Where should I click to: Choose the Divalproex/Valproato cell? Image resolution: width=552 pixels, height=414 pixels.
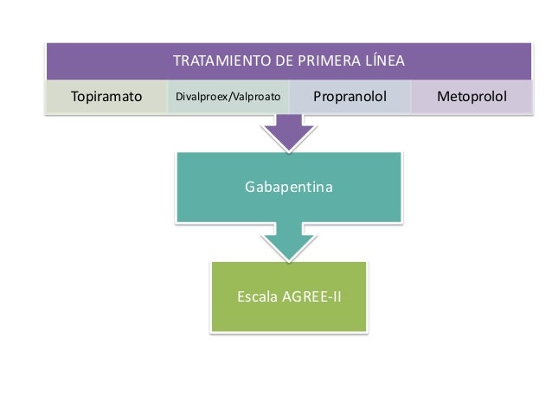(x=228, y=97)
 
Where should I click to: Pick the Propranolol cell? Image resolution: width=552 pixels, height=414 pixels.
(x=349, y=97)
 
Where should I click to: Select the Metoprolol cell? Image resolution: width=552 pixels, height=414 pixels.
(x=472, y=97)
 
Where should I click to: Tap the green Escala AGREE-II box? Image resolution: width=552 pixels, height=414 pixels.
(x=289, y=296)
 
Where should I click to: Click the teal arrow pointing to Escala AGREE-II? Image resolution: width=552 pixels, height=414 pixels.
(x=289, y=240)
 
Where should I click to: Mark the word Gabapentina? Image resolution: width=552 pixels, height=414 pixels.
(x=289, y=186)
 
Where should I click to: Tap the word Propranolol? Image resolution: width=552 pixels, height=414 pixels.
(x=349, y=97)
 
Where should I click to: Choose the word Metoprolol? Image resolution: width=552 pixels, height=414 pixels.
(x=472, y=97)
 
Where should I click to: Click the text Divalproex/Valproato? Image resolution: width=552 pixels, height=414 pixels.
(x=228, y=97)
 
